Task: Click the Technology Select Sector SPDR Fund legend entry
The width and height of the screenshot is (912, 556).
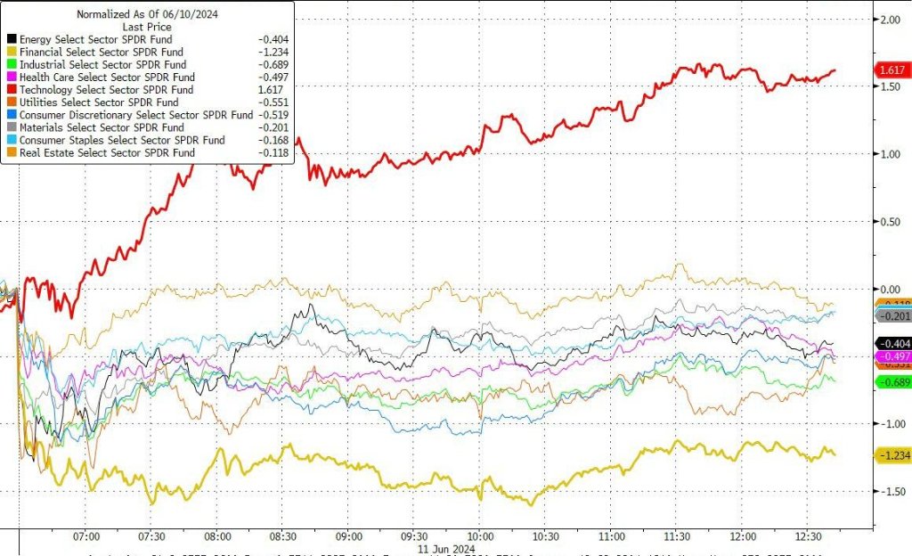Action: tap(106, 90)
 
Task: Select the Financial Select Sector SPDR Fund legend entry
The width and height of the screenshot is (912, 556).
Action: tap(102, 53)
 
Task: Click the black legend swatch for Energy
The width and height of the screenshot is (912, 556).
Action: tap(11, 40)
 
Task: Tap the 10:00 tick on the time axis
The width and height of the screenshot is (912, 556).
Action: tap(480, 538)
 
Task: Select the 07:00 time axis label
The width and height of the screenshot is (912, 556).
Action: tap(85, 538)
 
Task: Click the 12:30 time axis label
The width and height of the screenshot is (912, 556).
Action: tap(809, 538)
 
